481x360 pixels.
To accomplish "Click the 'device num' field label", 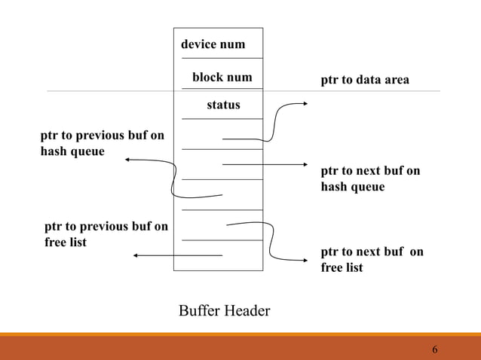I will pos(213,44).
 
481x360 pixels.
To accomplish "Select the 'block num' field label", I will pos(222,78).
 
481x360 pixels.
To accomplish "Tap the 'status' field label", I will pos(223,105).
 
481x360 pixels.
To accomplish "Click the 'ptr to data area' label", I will pos(365,80).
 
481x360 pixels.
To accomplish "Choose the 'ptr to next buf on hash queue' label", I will pos(370,178).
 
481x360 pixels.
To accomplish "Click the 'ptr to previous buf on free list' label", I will pos(106,233).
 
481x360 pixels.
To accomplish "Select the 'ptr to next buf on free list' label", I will pos(372,259).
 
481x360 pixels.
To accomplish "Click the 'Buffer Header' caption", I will pos(224,310).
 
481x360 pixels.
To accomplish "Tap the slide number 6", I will pos(435,350).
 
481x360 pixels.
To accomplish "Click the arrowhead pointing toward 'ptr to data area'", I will pos(304,105).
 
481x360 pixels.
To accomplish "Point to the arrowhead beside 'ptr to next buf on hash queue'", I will pos(304,164).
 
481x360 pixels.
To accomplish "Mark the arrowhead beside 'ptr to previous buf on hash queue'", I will pos(129,160).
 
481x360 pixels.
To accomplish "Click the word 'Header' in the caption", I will pos(247,310).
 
